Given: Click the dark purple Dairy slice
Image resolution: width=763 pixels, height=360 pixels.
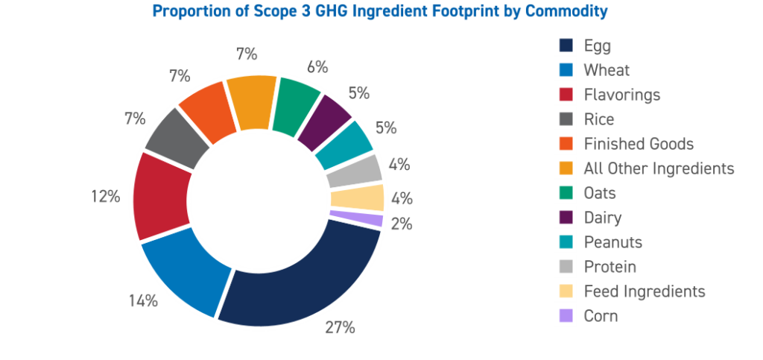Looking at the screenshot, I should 325,121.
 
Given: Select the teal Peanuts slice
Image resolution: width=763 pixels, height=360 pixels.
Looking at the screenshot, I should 343,144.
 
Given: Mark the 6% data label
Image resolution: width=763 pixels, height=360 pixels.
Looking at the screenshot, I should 317,66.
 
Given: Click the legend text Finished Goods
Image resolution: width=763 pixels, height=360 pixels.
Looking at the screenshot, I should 639,144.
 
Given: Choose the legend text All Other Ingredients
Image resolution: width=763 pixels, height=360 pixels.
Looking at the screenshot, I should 659,168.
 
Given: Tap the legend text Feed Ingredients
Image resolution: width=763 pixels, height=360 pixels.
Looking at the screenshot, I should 645,291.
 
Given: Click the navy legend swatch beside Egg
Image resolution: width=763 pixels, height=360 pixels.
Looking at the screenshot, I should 566,46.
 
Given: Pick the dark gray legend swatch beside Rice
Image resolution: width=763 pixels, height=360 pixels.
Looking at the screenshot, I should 566,119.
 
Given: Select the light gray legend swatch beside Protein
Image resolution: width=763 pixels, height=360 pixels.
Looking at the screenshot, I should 566,266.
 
